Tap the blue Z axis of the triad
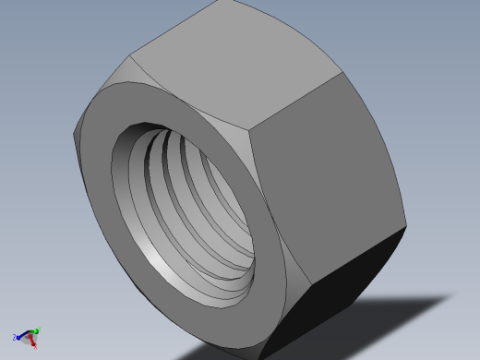click(x=21, y=336)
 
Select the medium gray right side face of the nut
click(x=328, y=185)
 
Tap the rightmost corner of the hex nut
click(x=406, y=227)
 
